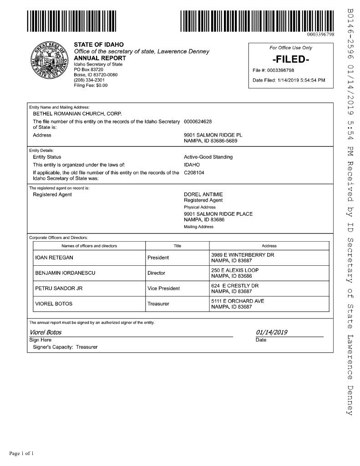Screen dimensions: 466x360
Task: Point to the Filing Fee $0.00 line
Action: point(91,85)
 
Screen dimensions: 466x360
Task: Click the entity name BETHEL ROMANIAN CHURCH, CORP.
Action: point(77,113)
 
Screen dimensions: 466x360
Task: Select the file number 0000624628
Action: point(198,122)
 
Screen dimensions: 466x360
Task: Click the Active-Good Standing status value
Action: point(208,157)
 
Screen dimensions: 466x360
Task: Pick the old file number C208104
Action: point(194,172)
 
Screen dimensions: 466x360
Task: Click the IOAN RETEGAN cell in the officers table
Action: point(54,258)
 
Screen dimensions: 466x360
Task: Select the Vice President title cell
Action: point(163,289)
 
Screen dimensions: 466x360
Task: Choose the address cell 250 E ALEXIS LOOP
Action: point(234,270)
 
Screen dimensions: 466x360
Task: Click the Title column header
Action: point(177,246)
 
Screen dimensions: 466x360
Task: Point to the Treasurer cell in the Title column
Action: point(158,304)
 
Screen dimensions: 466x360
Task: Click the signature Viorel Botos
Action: point(46,332)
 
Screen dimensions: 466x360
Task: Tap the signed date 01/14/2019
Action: point(272,332)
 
